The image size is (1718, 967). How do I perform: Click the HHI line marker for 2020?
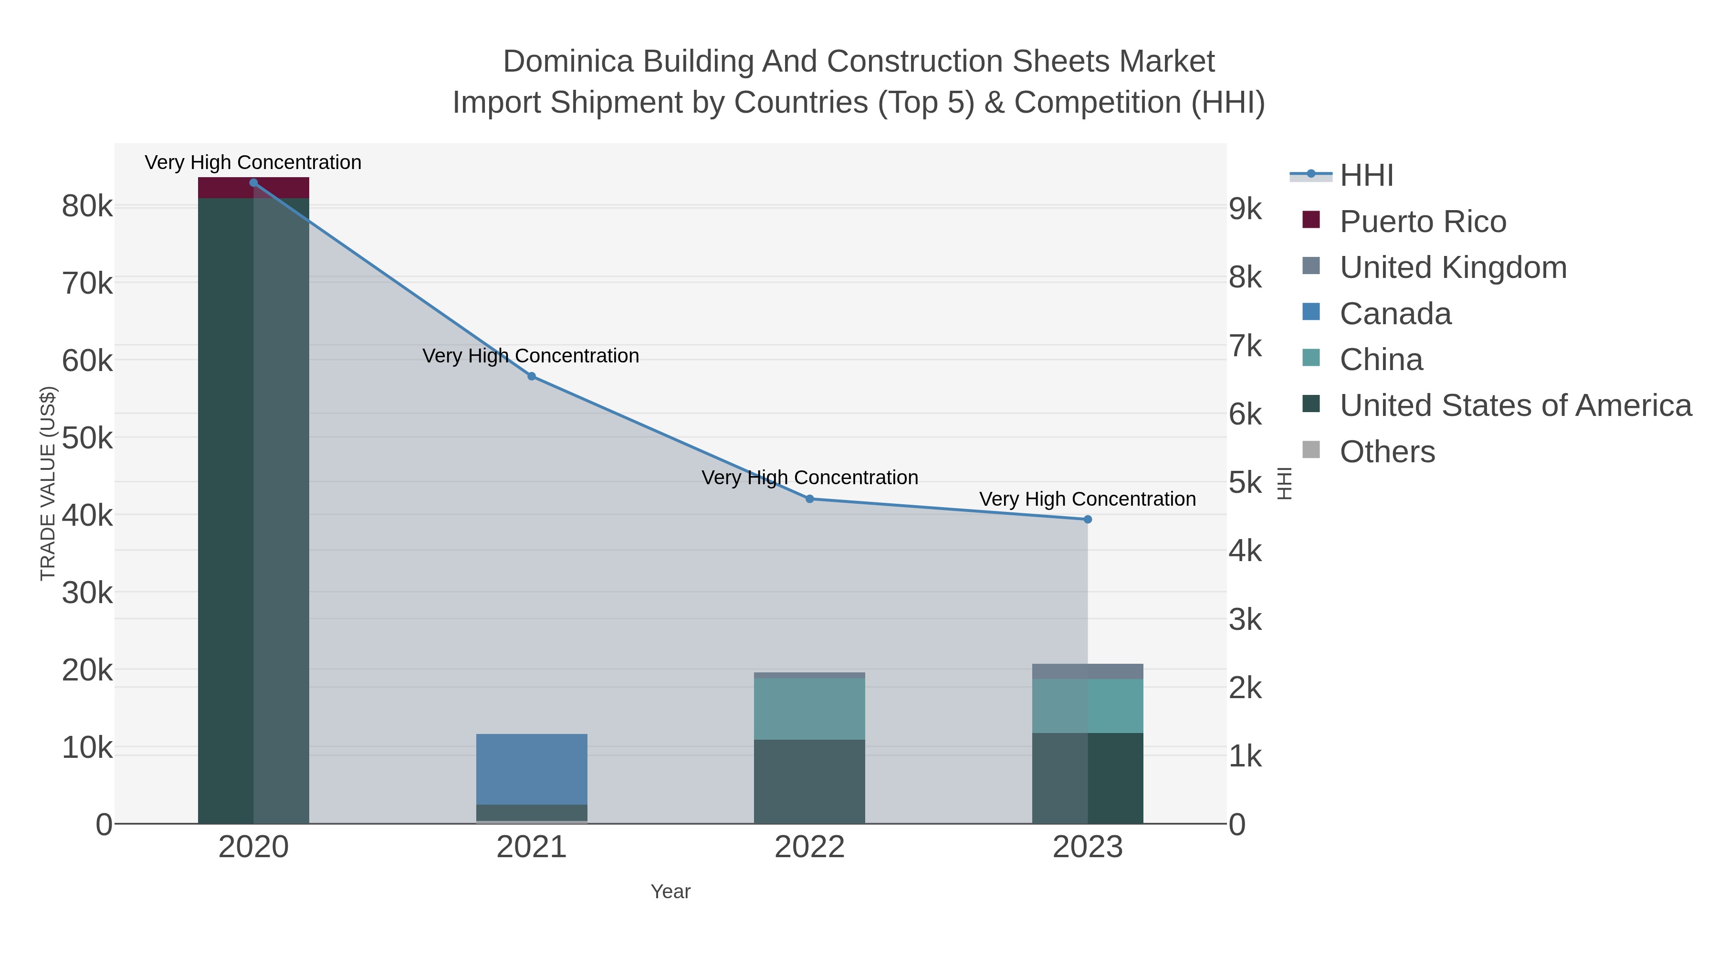(253, 183)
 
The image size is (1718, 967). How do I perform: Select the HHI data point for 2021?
(532, 376)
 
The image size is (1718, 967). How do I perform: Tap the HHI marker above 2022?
(810, 499)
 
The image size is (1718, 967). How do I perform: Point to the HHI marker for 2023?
(1088, 519)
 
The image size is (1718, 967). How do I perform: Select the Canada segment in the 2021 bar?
(532, 769)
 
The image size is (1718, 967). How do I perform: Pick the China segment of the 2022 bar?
(810, 709)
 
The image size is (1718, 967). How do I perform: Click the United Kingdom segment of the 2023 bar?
(1088, 671)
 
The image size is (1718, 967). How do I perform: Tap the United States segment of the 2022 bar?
(810, 781)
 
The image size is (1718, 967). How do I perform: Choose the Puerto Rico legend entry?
(1423, 222)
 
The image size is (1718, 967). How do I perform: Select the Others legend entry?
(1387, 452)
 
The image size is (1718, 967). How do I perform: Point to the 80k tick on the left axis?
(87, 207)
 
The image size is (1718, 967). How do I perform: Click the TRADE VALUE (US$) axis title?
(48, 483)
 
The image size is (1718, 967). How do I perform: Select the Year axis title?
(670, 892)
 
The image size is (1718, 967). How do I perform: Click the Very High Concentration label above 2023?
(1087, 499)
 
